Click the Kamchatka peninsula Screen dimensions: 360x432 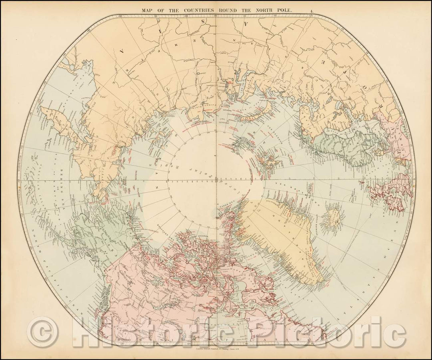(56, 124)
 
